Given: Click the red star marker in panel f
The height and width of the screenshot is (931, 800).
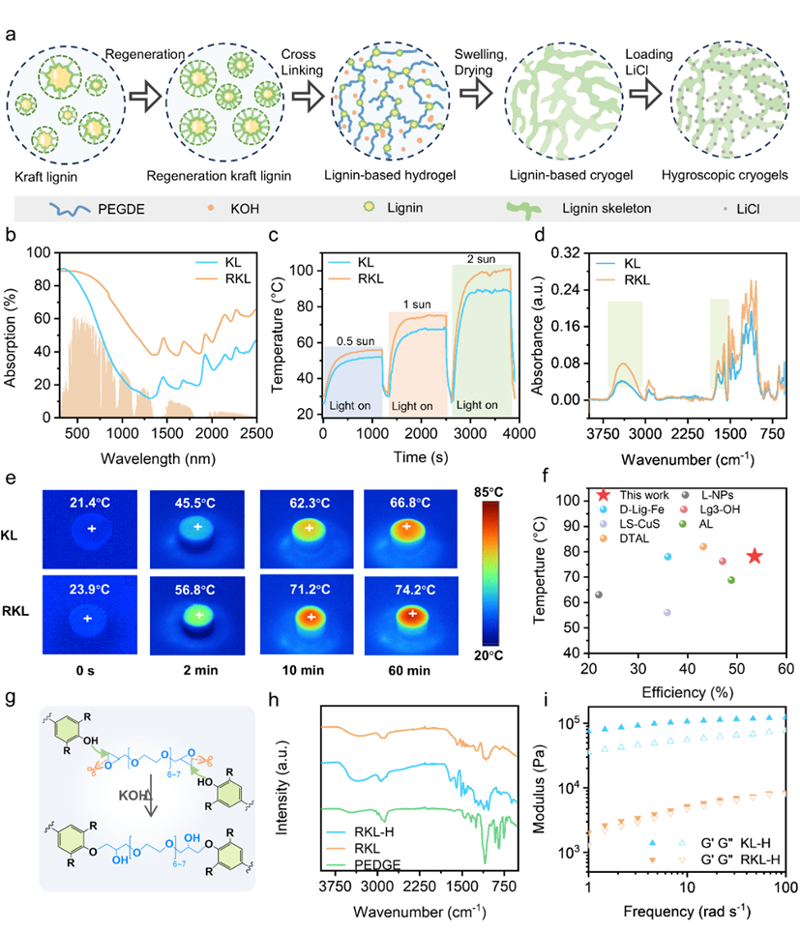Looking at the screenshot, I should click(x=754, y=556).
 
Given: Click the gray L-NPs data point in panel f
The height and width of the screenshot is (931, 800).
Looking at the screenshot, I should click(x=599, y=595).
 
